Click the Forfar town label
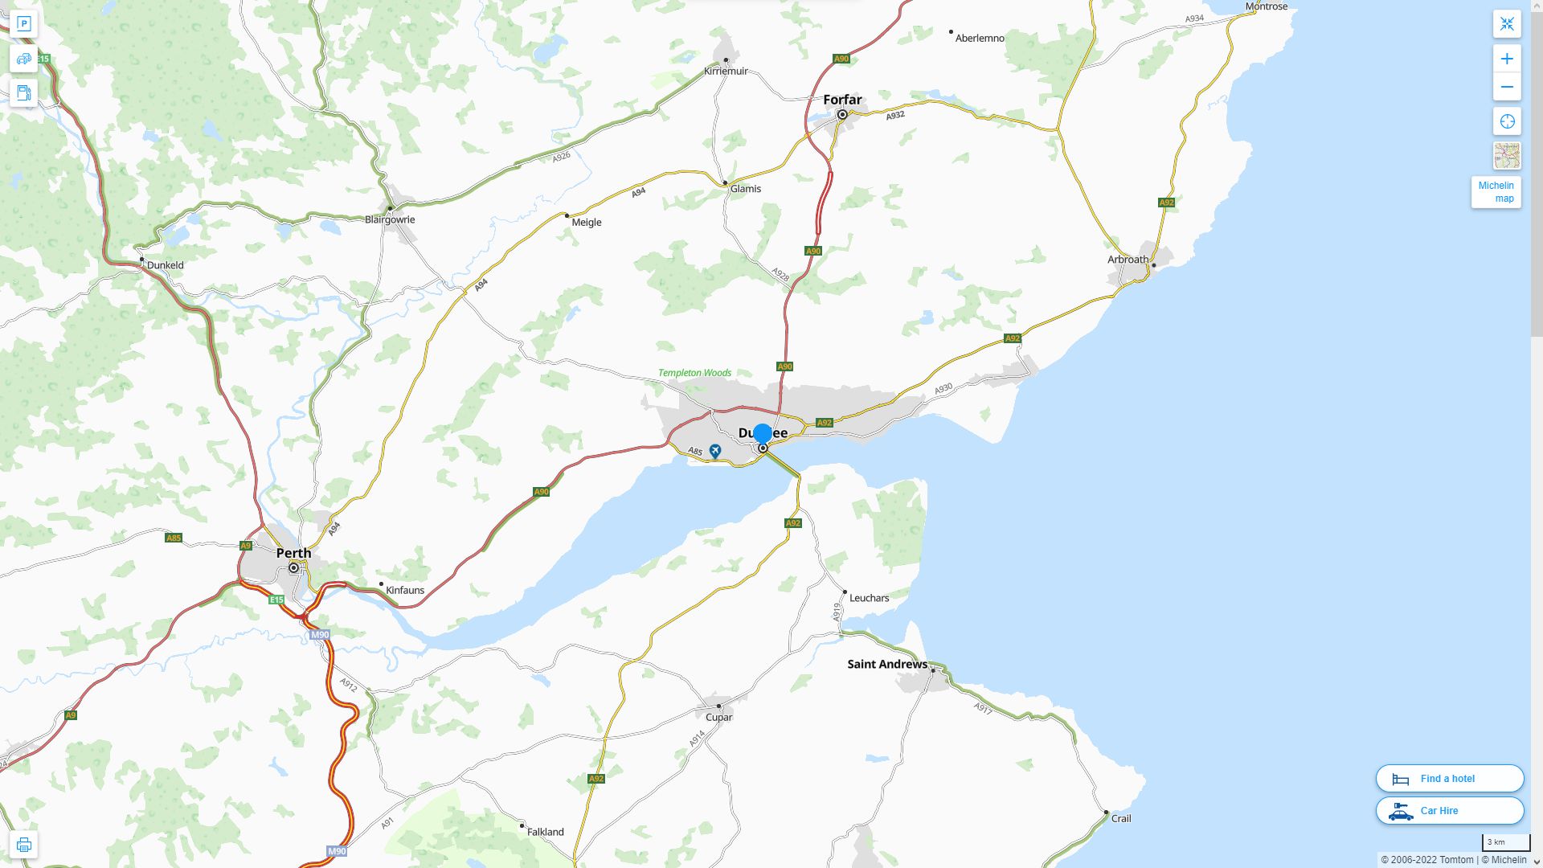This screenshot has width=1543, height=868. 842,100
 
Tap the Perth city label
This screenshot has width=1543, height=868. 293,553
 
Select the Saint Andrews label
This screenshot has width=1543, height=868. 887,664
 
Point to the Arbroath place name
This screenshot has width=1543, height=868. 1128,260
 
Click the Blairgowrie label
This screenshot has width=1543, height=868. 390,219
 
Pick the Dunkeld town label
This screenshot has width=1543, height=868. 165,265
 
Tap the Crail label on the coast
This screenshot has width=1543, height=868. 1120,818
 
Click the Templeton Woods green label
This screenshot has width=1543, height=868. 694,373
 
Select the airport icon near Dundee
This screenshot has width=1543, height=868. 715,451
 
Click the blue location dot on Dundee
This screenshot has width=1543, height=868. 763,434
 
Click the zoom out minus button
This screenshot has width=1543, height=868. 1507,87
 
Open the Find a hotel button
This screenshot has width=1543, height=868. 1450,779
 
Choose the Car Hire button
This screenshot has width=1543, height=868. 1450,811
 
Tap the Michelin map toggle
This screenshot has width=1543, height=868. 1496,192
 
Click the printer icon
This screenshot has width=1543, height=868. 24,845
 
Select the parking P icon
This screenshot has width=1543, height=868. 24,24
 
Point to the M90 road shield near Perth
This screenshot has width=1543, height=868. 320,635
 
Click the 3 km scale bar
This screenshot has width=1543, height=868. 1505,843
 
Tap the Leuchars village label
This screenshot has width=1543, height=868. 869,598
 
